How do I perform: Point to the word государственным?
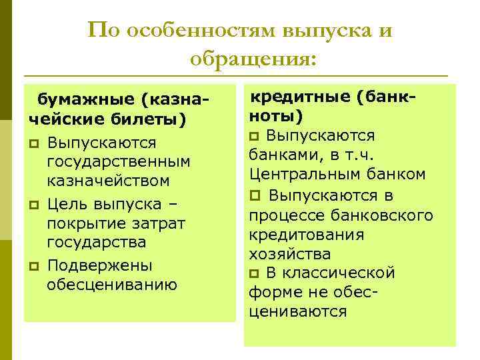click(119, 161)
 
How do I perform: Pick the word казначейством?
click(108, 181)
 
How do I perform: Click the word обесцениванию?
click(112, 285)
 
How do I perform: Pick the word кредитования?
click(307, 234)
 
